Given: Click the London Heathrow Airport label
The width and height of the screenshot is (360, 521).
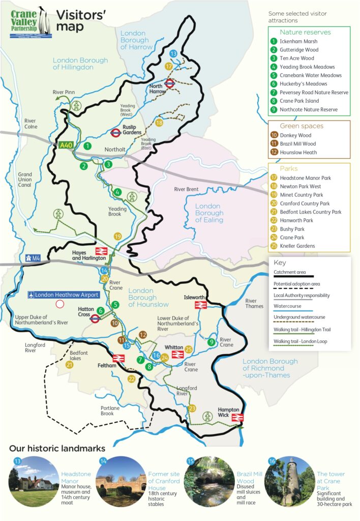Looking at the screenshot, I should (63, 295).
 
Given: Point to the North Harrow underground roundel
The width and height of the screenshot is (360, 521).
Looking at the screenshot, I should (170, 83).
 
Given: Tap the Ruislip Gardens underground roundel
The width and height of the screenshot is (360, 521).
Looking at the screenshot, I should (116, 133).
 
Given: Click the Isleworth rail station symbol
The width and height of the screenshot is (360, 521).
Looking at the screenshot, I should (201, 304).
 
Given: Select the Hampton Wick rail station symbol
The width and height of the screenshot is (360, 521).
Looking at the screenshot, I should (236, 418).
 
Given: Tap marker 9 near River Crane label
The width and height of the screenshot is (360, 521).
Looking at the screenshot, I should (211, 342).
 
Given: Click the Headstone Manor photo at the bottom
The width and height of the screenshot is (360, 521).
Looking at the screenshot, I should (34, 480).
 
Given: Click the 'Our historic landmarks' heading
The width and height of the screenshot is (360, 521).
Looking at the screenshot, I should (57, 449).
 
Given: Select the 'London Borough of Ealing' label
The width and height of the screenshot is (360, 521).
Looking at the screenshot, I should (209, 213).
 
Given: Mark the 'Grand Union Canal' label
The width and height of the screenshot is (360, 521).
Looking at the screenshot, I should (24, 180).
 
